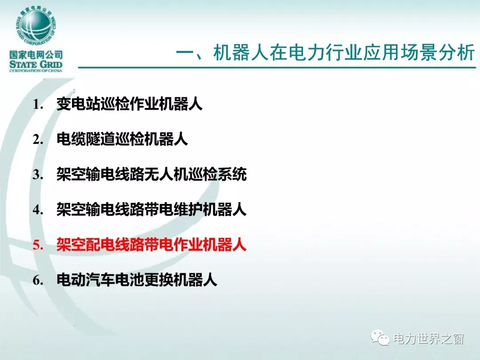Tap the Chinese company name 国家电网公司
tap(36, 55)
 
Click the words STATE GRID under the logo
tap(36, 64)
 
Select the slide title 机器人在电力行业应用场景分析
tap(344, 52)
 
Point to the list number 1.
tap(38, 104)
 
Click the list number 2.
tap(38, 140)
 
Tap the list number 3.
tap(38, 175)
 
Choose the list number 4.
tap(38, 210)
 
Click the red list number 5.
tap(38, 245)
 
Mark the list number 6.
tap(38, 280)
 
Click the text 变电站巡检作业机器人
tap(129, 104)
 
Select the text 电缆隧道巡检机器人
tap(122, 139)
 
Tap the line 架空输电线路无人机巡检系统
tap(152, 175)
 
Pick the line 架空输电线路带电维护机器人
tap(152, 210)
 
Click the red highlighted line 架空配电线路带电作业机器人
tap(152, 245)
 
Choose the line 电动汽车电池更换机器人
tap(137, 280)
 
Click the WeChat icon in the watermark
tap(380, 337)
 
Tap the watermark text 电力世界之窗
tap(428, 339)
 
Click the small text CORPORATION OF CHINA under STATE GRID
tap(36, 71)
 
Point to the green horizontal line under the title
tap(277, 67)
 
